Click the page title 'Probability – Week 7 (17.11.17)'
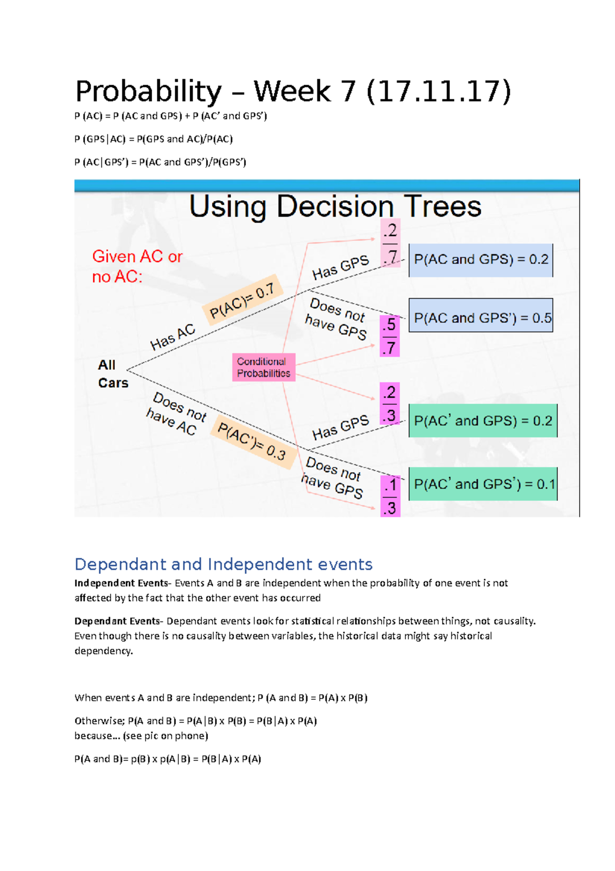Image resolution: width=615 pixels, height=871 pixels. pyautogui.click(x=293, y=92)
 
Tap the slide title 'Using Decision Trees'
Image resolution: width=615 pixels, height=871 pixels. pyautogui.click(x=335, y=206)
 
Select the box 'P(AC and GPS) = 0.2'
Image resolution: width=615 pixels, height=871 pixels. pyautogui.click(x=481, y=260)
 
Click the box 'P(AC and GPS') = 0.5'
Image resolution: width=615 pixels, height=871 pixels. pyautogui.click(x=481, y=318)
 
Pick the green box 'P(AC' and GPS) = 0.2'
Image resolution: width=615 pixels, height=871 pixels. pyautogui.click(x=483, y=421)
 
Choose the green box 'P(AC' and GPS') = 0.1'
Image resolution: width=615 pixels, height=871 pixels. pyautogui.click(x=483, y=484)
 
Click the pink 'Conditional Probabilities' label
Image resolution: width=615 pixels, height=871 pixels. pyautogui.click(x=263, y=367)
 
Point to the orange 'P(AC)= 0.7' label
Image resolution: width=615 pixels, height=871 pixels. pyautogui.click(x=243, y=298)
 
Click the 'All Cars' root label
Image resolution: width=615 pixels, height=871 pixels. pyautogui.click(x=112, y=374)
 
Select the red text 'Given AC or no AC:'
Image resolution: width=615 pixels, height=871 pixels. pyautogui.click(x=137, y=266)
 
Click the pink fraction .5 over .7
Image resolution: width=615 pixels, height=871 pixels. pyautogui.click(x=389, y=336)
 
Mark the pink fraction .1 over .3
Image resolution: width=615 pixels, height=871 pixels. pyautogui.click(x=389, y=496)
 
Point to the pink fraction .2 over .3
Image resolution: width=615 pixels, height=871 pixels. pyautogui.click(x=389, y=404)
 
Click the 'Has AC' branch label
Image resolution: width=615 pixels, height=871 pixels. pyautogui.click(x=173, y=337)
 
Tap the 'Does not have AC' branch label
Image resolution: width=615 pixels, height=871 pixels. pyautogui.click(x=175, y=413)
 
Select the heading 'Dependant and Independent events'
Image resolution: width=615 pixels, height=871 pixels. pyautogui.click(x=223, y=564)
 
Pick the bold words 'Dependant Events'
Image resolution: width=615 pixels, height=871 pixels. pyautogui.click(x=117, y=621)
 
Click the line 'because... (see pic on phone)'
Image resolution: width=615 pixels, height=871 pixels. pyautogui.click(x=141, y=736)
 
